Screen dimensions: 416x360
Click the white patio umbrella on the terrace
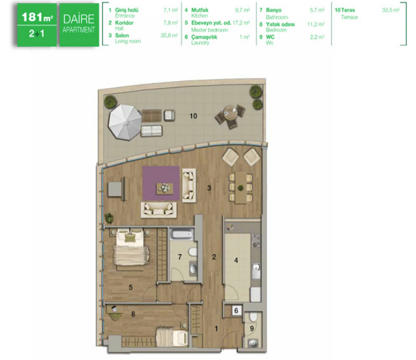click(125, 122)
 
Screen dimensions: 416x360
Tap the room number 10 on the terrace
click(194, 116)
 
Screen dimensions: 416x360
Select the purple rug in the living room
click(161, 183)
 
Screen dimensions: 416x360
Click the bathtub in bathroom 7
click(182, 235)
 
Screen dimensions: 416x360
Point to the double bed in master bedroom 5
click(131, 248)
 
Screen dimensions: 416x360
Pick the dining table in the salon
click(241, 187)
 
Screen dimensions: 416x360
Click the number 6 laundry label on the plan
click(236, 310)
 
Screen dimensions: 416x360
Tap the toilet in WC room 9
click(253, 317)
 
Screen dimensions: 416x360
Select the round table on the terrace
click(229, 113)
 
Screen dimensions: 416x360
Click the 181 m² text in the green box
click(37, 17)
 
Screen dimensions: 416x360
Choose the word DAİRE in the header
click(79, 19)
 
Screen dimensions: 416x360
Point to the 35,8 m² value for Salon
click(169, 35)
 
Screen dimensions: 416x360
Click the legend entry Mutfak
click(199, 10)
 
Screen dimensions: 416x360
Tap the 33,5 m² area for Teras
click(391, 10)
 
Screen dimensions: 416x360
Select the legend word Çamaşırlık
click(204, 37)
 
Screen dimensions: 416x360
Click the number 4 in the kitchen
click(236, 260)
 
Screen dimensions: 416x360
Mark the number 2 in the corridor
click(214, 257)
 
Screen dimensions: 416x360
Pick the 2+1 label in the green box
click(36, 33)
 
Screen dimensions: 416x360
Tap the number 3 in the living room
click(209, 188)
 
